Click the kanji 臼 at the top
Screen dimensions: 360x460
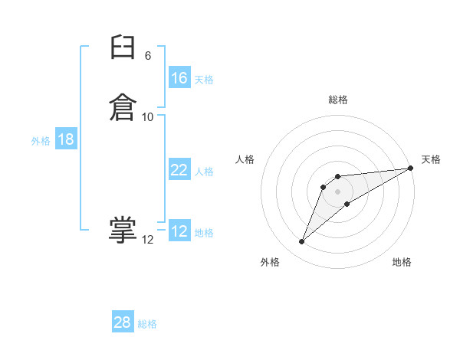click(x=122, y=51)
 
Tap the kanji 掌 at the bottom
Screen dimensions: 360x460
click(x=122, y=231)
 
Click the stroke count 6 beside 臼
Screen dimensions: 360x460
click(x=148, y=56)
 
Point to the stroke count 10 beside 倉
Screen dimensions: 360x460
click(x=148, y=116)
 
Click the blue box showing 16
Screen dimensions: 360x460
click(x=179, y=78)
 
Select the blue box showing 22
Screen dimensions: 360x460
click(x=179, y=170)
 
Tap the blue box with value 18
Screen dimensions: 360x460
click(x=66, y=139)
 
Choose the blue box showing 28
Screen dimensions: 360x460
click(x=123, y=322)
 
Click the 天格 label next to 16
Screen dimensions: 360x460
click(x=204, y=80)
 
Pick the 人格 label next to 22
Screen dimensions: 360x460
click(x=204, y=172)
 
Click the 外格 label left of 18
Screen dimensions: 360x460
click(x=41, y=141)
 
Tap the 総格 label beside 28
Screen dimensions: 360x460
click(x=147, y=324)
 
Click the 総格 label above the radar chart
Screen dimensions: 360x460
click(x=338, y=100)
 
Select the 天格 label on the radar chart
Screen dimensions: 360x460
click(x=431, y=159)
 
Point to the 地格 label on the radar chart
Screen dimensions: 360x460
click(x=402, y=262)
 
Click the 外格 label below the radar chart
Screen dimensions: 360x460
click(x=270, y=262)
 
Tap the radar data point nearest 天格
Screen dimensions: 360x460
click(x=410, y=168)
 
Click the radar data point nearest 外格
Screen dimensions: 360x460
click(x=302, y=242)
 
